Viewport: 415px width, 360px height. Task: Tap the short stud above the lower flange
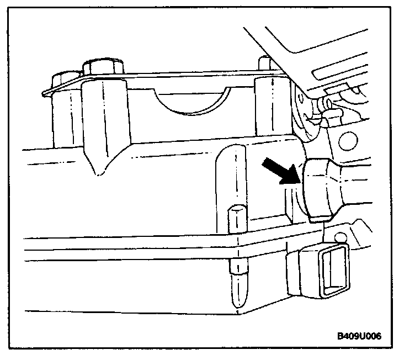(x=236, y=218)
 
